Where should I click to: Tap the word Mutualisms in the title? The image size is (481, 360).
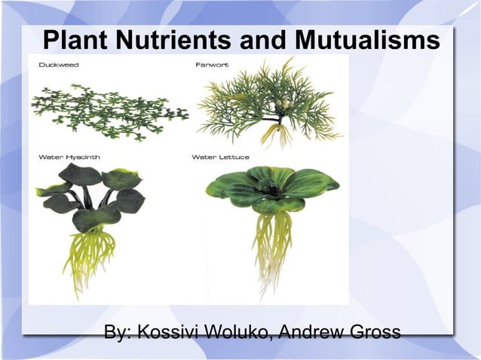point(366,41)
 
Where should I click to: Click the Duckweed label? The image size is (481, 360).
point(58,66)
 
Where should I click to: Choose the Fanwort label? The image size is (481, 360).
point(212,66)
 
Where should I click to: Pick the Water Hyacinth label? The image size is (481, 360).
point(69,157)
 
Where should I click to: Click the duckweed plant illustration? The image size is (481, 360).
point(106,112)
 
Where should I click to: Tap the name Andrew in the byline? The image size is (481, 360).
point(311,332)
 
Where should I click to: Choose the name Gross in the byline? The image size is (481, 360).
point(375,332)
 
